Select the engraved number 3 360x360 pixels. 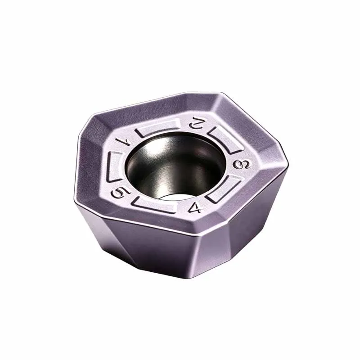tap(241, 164)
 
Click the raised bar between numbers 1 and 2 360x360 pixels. tap(158, 128)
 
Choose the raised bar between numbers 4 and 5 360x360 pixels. tap(154, 204)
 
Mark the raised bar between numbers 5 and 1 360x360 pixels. tap(115, 166)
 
